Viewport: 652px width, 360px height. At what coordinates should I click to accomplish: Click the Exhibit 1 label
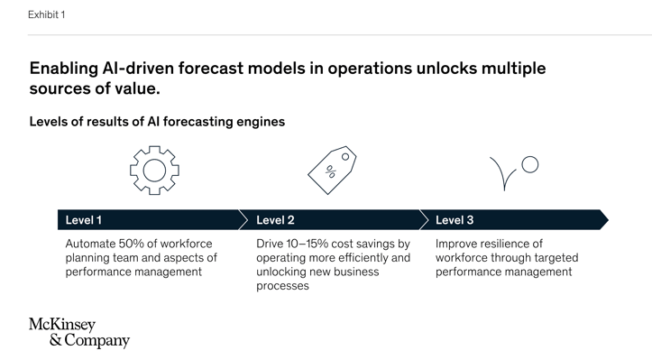pos(46,14)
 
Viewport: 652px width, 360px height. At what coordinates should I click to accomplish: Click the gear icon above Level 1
pos(154,170)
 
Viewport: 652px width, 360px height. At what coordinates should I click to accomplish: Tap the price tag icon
pos(332,170)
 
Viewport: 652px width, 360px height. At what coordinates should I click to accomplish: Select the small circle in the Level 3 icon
pos(530,164)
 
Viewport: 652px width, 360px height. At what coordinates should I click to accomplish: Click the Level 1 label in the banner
pos(84,220)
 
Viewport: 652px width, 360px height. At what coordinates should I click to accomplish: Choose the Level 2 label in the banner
pos(275,220)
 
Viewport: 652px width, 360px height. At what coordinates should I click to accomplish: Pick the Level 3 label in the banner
pos(455,220)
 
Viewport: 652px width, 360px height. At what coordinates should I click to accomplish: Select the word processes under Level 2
pos(282,286)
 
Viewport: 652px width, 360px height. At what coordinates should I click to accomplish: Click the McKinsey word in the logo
pos(62,324)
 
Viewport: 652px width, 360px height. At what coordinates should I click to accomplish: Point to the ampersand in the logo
pos(55,341)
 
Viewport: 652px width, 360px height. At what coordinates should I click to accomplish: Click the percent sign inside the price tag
pos(330,171)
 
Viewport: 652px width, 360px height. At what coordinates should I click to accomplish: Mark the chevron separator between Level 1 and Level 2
pos(243,220)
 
